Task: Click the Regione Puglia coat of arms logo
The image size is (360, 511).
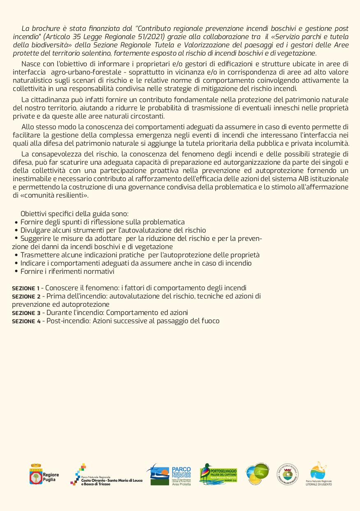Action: click(x=36, y=474)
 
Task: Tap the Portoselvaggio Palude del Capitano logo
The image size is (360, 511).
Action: click(x=218, y=474)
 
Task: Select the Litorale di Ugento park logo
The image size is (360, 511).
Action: click(x=318, y=473)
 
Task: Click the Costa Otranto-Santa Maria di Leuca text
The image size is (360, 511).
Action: click(x=111, y=480)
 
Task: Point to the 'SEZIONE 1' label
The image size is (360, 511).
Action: click(x=26, y=288)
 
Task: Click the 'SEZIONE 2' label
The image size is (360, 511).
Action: click(x=26, y=296)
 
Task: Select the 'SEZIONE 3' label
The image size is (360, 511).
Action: click(x=26, y=313)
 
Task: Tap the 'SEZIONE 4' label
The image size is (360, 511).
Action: click(x=26, y=321)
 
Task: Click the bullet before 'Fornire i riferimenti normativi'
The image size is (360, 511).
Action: click(x=16, y=272)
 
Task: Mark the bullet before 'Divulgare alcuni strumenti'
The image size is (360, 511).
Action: click(x=16, y=231)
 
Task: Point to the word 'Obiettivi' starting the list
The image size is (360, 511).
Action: click(x=34, y=214)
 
